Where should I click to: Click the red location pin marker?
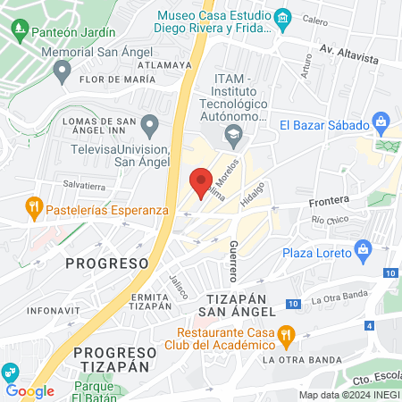201,181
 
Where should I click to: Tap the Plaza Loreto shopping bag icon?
363,247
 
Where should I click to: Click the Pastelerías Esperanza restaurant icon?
33,205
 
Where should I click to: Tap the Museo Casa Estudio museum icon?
283,16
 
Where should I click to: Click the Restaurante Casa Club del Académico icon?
287,337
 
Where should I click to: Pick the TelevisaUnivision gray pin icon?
150,122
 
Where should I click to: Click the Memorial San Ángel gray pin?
62,75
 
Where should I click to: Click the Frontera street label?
328,202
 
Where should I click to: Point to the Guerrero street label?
233,255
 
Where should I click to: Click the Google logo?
29,390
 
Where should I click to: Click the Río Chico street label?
330,219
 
